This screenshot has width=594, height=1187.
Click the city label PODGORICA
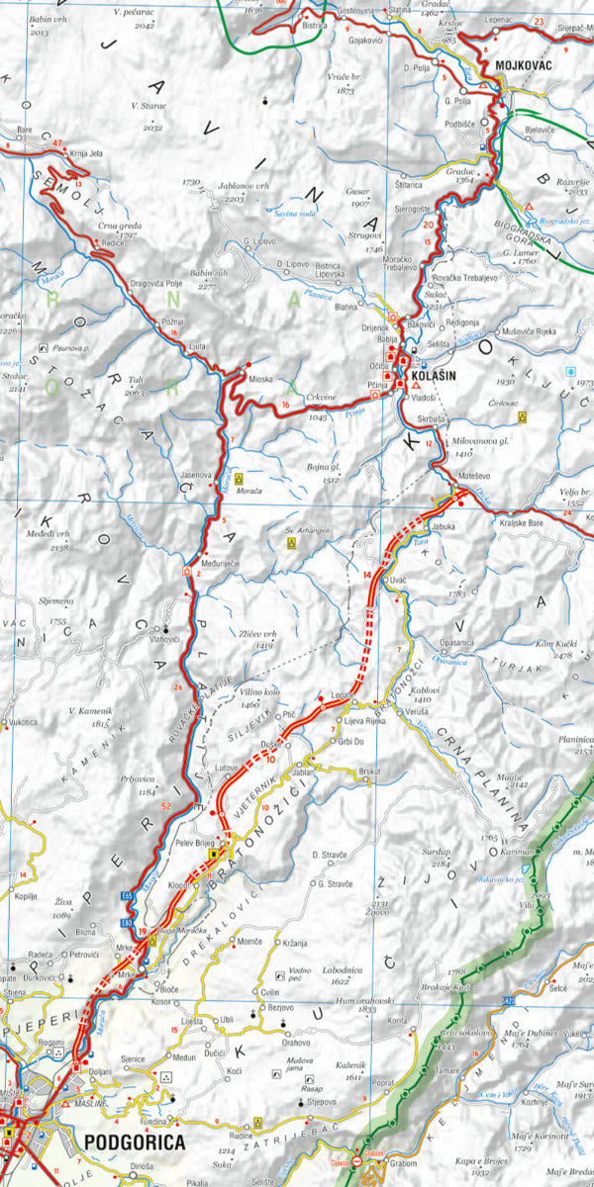[x=135, y=1142]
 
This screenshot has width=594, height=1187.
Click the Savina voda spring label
[x=296, y=213]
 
